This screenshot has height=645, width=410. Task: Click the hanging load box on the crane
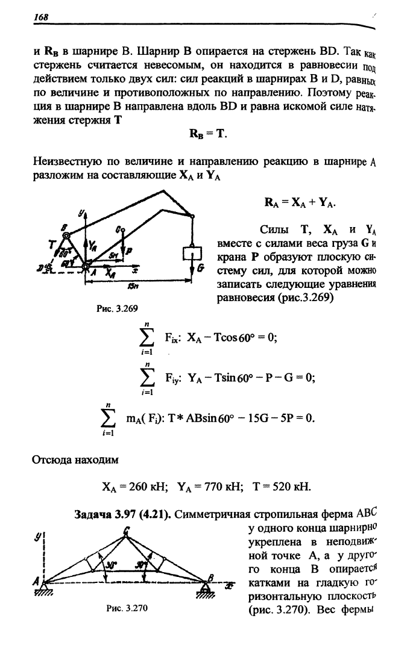(x=192, y=254)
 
